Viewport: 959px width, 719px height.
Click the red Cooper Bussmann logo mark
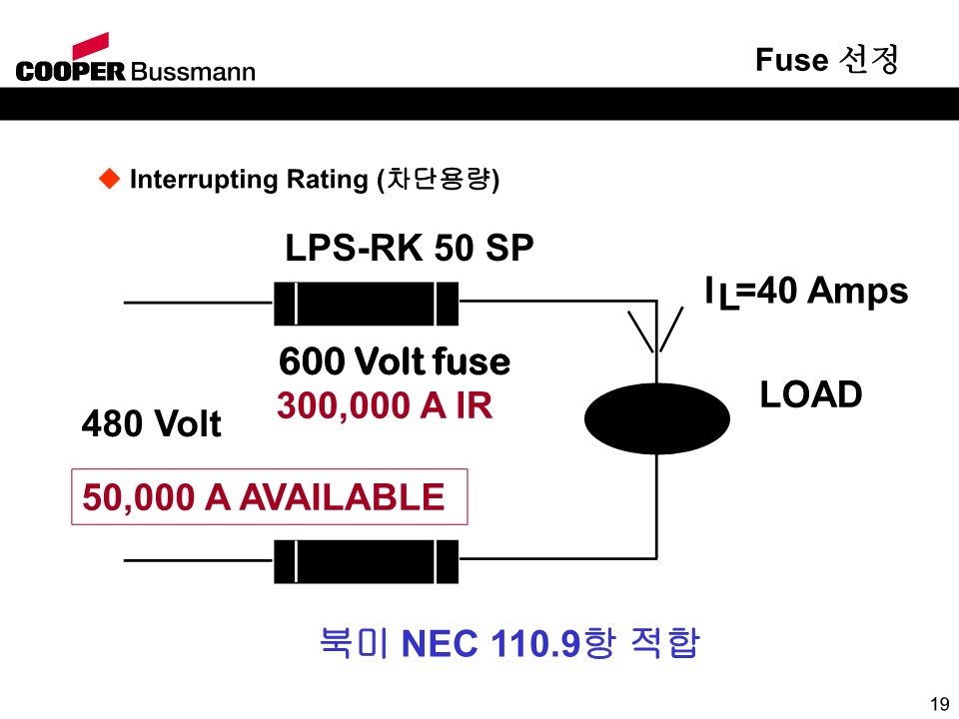(91, 47)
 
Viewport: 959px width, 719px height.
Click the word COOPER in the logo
(70, 72)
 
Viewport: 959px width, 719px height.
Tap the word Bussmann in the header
(192, 72)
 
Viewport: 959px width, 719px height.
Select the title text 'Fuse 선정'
(827, 59)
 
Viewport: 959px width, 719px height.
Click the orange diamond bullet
(110, 179)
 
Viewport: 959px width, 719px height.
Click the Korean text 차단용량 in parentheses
(438, 179)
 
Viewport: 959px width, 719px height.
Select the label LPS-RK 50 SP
(410, 248)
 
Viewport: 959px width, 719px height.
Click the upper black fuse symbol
(366, 304)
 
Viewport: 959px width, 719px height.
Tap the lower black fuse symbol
(366, 561)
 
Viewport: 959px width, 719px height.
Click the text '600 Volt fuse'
(395, 360)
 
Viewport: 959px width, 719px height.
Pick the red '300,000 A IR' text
(385, 405)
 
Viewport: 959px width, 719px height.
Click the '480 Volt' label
(151, 423)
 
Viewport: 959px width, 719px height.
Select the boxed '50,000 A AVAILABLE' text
(263, 496)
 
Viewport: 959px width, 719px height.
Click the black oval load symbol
(657, 418)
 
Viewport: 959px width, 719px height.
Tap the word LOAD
(811, 394)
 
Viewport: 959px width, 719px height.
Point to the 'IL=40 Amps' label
(806, 292)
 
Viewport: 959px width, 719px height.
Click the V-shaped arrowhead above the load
(655, 331)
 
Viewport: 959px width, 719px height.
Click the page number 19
(940, 704)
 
